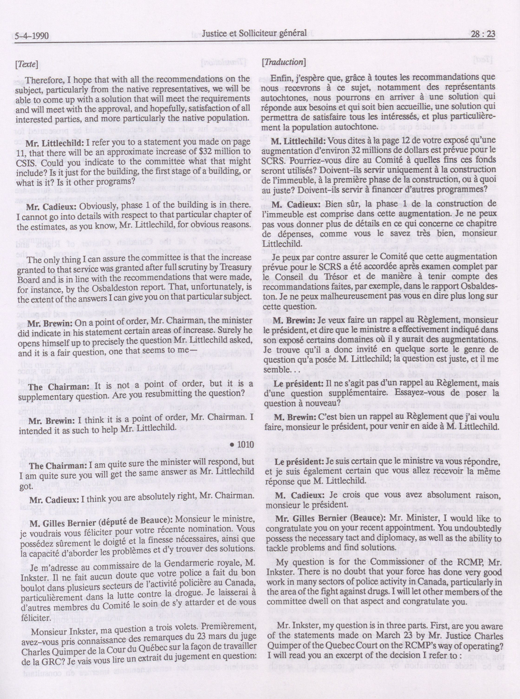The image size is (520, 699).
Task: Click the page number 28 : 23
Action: pos(483,34)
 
